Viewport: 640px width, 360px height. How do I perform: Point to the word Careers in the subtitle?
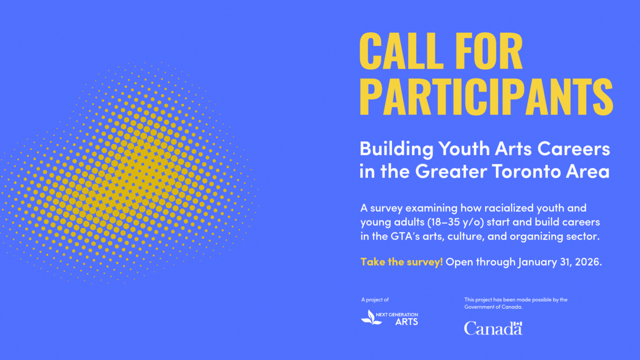click(x=574, y=149)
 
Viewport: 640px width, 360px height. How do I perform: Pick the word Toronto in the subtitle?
click(x=526, y=171)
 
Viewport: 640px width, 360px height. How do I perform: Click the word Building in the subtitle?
click(x=396, y=149)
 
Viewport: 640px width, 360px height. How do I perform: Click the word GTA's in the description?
click(x=405, y=237)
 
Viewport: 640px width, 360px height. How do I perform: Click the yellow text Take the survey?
click(x=402, y=262)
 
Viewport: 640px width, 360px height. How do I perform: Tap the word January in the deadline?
click(x=537, y=262)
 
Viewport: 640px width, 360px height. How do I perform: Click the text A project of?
click(x=375, y=300)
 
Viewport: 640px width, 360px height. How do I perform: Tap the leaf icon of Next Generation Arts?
click(x=371, y=317)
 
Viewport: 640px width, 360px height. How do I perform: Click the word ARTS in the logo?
click(x=406, y=322)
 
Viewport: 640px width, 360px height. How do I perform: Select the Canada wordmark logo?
click(x=493, y=328)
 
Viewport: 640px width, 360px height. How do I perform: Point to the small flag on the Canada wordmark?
click(x=518, y=324)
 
